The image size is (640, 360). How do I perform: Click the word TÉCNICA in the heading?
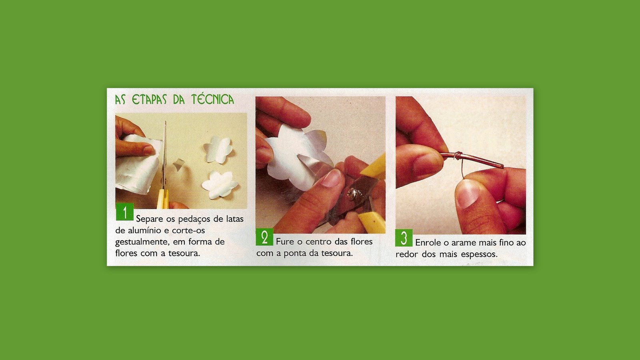coord(212,99)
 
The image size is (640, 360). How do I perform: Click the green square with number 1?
coord(125,212)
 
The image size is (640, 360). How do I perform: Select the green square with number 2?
coord(264,237)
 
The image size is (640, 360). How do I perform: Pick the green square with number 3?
coord(404,238)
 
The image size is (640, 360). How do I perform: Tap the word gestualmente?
coord(140,242)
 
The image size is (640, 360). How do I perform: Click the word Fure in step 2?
coord(285,242)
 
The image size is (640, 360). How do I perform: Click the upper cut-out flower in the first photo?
coord(218,150)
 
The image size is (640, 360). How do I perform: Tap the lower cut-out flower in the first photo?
coord(220,185)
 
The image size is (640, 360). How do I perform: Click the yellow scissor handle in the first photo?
coord(162,199)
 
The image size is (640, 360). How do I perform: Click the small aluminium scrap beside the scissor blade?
coord(178,165)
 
